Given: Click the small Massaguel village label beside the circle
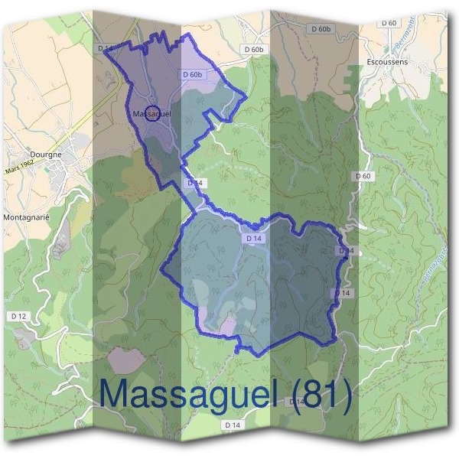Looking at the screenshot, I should pyautogui.click(x=151, y=114).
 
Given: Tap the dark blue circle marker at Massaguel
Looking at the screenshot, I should pyautogui.click(x=152, y=113).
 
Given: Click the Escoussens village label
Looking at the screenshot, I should pyautogui.click(x=387, y=61).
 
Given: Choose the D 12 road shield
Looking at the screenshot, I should pyautogui.click(x=19, y=315).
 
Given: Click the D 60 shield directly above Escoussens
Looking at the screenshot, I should pyautogui.click(x=389, y=24).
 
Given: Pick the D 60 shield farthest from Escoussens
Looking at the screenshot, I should pyautogui.click(x=363, y=176).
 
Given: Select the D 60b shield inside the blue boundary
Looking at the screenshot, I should pyautogui.click(x=193, y=74).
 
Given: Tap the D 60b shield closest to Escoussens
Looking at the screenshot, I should pyautogui.click(x=321, y=29).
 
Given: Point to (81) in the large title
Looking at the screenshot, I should pyautogui.click(x=322, y=395).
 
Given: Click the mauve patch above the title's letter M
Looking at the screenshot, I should pyautogui.click(x=126, y=360).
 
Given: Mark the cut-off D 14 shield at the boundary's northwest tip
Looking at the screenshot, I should pyautogui.click(x=106, y=48).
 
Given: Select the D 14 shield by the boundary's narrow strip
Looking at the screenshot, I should pyautogui.click(x=194, y=183).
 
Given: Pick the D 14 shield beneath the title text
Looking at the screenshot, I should pyautogui.click(x=233, y=425).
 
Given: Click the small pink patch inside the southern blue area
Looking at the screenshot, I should pyautogui.click(x=228, y=327).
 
